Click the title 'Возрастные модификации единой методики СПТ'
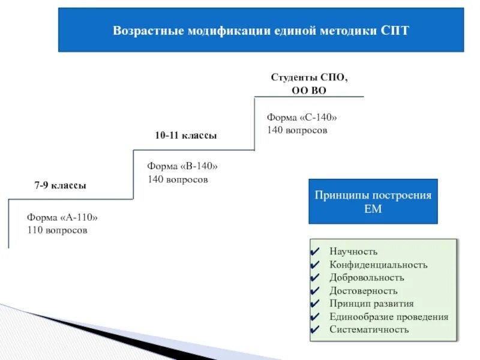[x=261, y=31]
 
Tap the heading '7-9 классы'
[x=60, y=186]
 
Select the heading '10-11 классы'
[x=186, y=136]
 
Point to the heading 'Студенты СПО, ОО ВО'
[x=309, y=84]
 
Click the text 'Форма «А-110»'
[x=62, y=218]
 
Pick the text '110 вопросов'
[x=57, y=230]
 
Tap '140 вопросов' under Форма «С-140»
[x=297, y=130]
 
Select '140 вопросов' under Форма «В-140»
[x=178, y=179]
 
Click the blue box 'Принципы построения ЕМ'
[x=373, y=202]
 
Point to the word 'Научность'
[x=353, y=251]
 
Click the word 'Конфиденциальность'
[x=378, y=265]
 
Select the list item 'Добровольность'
[x=367, y=278]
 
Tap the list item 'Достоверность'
[x=363, y=291]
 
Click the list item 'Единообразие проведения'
[x=389, y=317]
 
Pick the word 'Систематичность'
[x=369, y=329]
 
